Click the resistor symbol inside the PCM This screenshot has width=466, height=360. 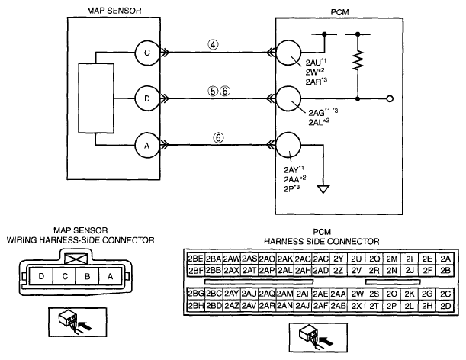(x=358, y=61)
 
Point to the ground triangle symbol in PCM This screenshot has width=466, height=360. (x=323, y=189)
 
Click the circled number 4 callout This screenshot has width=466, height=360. (x=213, y=44)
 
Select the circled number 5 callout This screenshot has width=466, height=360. (x=213, y=91)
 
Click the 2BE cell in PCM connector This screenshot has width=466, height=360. (x=195, y=259)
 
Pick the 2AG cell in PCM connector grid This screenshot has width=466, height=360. (x=303, y=259)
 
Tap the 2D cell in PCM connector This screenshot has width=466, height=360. (x=445, y=306)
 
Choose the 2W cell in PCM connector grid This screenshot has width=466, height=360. (x=356, y=294)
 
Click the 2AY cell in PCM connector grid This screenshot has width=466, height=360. (x=231, y=294)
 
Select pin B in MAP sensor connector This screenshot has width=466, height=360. (x=88, y=276)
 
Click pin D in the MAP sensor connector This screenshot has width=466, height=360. (x=41, y=276)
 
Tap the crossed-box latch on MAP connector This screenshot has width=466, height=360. (x=76, y=259)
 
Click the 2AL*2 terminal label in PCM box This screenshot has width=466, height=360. (x=319, y=122)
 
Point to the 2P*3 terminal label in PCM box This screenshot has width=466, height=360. (x=291, y=188)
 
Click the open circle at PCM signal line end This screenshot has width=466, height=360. (x=390, y=98)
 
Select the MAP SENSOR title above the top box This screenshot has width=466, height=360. (x=114, y=11)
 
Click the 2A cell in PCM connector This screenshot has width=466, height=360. (x=445, y=259)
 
